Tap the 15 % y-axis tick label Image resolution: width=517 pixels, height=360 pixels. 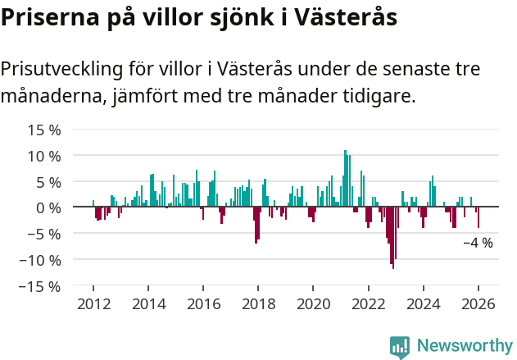click(x=44, y=130)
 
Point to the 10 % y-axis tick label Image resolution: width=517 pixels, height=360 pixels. click(x=44, y=156)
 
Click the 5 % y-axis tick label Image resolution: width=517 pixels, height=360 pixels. click(x=48, y=182)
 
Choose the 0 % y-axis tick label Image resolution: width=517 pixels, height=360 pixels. click(x=48, y=207)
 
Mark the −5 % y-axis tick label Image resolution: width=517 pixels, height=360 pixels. click(x=44, y=234)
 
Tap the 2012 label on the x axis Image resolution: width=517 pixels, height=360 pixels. click(x=93, y=304)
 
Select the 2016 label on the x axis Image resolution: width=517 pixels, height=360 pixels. click(x=202, y=304)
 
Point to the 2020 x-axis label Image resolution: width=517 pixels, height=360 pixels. click(x=313, y=304)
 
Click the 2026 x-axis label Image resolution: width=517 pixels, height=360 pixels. click(x=478, y=304)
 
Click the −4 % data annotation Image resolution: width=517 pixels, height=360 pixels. click(x=478, y=243)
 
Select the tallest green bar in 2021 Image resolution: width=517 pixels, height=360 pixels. click(x=345, y=178)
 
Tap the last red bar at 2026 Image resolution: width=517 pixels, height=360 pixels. click(x=478, y=217)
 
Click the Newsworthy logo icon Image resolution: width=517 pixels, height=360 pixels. click(x=400, y=346)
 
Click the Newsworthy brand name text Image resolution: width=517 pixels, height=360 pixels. click(x=465, y=346)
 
